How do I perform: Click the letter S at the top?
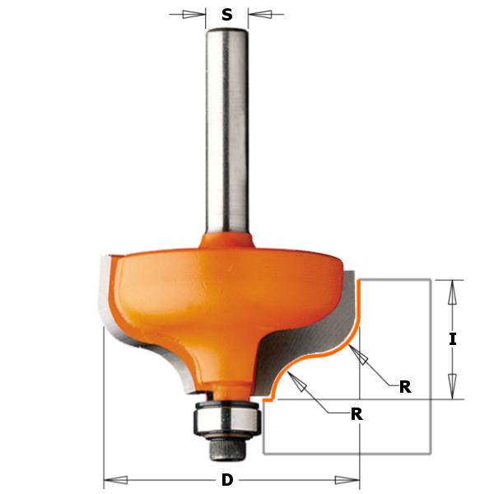point(226,14)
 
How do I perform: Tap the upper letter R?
point(405,387)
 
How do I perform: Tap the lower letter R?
point(357,414)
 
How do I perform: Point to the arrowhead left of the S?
point(195,14)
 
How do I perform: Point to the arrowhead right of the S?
point(258,14)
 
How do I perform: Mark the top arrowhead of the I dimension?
point(450,290)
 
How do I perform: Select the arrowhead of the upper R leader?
point(356,353)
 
